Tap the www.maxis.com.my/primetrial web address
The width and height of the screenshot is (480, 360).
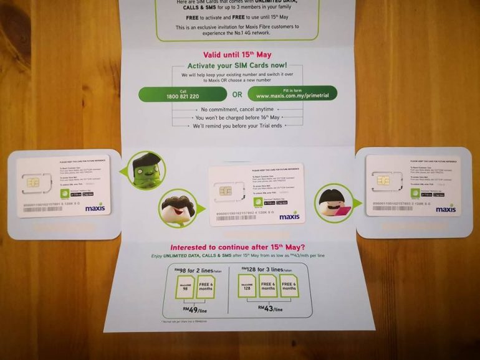click(x=292, y=97)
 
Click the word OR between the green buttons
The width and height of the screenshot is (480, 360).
click(x=237, y=95)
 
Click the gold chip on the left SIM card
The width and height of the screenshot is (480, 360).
click(x=32, y=182)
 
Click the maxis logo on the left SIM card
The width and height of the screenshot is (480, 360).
click(x=95, y=207)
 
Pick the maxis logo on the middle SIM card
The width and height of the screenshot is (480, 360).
click(x=289, y=216)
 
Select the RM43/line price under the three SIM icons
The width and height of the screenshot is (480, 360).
click(x=269, y=308)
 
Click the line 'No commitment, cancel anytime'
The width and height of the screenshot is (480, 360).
click(x=236, y=107)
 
